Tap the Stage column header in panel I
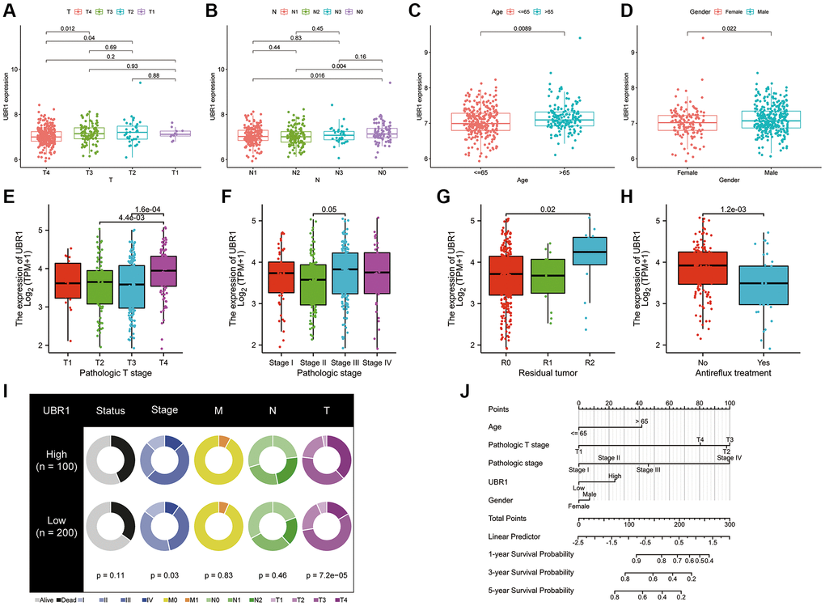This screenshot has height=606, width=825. [166, 410]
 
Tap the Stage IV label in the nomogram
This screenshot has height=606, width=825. [728, 458]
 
